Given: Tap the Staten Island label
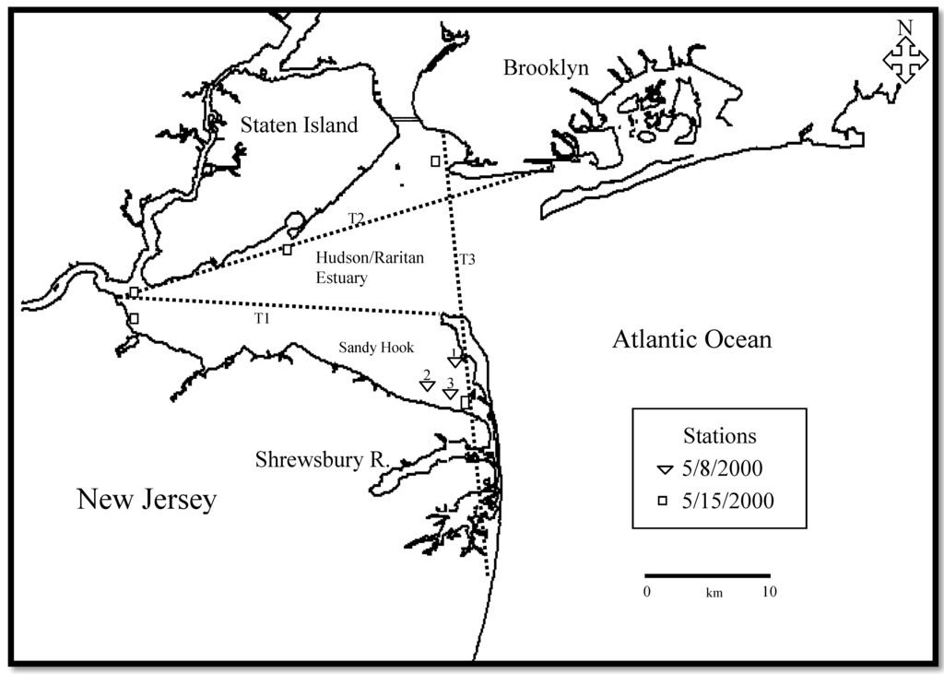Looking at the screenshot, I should point(299,124).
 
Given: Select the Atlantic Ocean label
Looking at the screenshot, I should point(691,340).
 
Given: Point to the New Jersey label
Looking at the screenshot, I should point(147,500).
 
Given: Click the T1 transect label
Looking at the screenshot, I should point(264,317).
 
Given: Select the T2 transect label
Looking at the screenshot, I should point(356,218).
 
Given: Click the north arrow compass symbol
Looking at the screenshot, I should point(905,58).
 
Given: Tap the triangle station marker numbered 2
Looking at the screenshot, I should point(427,386).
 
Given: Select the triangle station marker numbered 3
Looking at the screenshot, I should point(451,394).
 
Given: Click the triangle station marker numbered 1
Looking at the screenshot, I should point(454,361).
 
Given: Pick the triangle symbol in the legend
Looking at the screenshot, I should point(664,470).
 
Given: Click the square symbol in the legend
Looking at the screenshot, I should point(662,501).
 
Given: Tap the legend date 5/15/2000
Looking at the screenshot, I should point(728,501).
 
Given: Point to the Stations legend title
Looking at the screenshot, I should point(719,435).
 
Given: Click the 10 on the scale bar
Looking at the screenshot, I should point(769,592).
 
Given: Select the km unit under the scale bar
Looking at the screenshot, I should point(714,594).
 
